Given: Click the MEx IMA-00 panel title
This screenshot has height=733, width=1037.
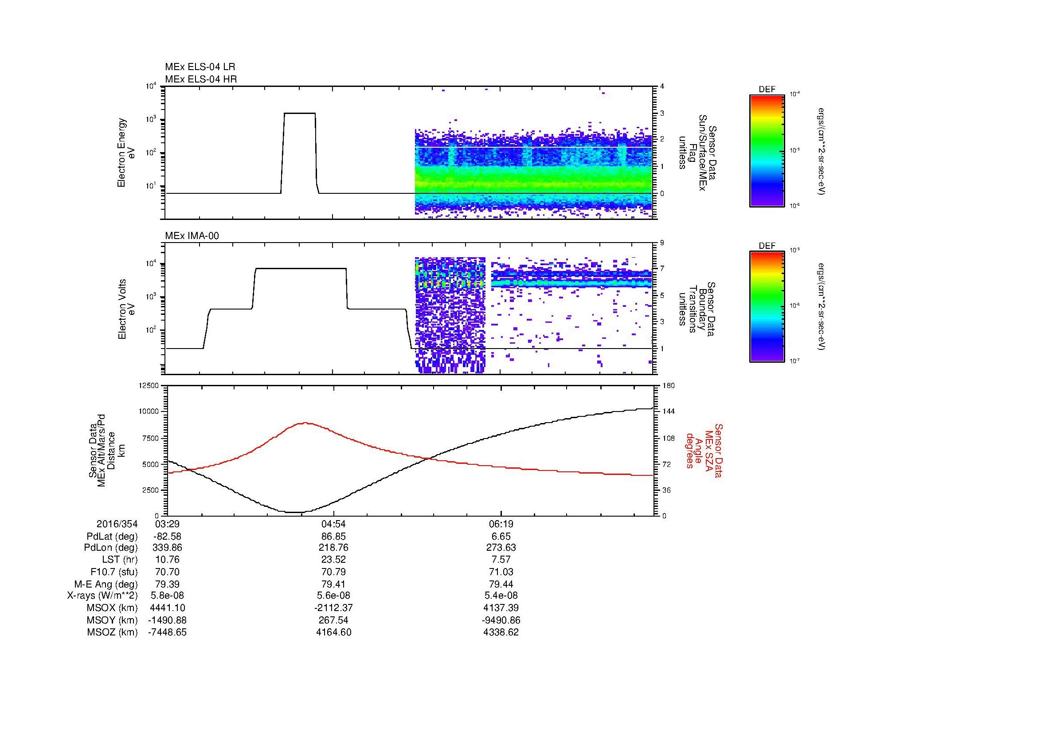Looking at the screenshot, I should coord(192,236).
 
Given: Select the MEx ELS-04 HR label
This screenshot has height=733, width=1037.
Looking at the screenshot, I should coord(201,79).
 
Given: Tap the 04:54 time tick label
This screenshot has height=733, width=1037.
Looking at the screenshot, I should coord(333,524).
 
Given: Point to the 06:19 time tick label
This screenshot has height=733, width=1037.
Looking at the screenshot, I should coord(501,524).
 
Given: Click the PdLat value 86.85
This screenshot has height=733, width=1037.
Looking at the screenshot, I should coord(333,537).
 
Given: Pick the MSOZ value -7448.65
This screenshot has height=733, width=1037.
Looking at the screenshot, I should coord(167,632).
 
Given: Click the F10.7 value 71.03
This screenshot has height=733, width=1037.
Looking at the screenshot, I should coord(501,572).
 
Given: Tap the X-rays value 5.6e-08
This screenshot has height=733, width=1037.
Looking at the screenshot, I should coord(333,596).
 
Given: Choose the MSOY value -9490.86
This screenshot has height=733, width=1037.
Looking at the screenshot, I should coord(501,620).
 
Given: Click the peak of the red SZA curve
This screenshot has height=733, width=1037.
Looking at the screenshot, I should coord(306,423).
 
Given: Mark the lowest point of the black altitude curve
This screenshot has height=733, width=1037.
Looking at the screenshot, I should coord(293,512).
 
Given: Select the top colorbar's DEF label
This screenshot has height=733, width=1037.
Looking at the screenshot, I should coord(767,90).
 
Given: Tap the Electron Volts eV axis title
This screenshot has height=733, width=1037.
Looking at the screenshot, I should coord(126,309).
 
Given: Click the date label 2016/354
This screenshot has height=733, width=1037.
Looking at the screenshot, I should coord(117,524).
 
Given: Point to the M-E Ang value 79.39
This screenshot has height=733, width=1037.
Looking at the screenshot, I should coord(167,584).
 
